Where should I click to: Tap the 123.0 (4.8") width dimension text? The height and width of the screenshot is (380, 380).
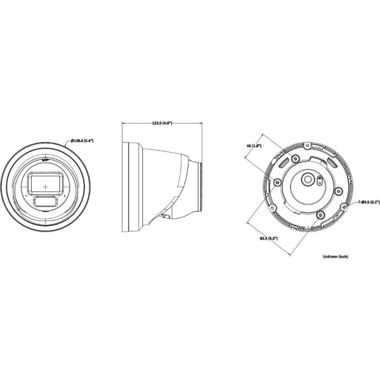tap(163, 122)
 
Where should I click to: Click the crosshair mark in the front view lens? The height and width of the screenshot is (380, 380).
tap(46, 186)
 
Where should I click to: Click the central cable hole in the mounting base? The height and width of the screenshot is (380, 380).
tap(308, 180)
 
